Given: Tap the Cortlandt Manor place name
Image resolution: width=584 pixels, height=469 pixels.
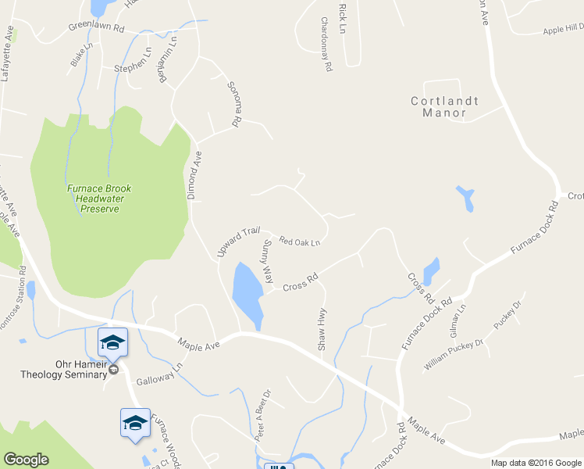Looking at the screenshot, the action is (x=444, y=107).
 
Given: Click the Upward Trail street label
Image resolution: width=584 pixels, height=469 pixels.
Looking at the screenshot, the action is (x=237, y=242).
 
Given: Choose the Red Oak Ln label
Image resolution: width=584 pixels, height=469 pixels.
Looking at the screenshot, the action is (x=300, y=242).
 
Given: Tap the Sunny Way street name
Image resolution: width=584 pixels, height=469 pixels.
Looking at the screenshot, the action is (x=268, y=262).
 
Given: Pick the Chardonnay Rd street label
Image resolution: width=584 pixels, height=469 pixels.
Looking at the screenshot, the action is (x=326, y=45).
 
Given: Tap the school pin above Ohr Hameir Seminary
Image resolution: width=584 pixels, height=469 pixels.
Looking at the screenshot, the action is (x=112, y=342).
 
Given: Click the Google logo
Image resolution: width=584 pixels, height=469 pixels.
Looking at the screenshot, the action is (x=25, y=460).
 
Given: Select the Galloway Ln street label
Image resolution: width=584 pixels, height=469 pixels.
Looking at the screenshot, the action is (x=158, y=374).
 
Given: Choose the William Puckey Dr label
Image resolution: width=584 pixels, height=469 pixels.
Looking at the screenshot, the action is (x=454, y=353).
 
